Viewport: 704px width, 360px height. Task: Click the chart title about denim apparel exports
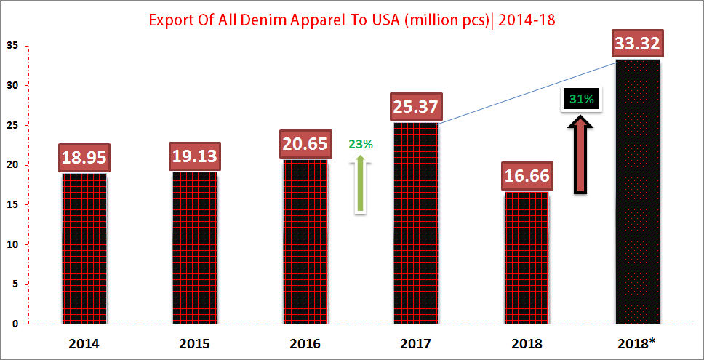tap(352, 20)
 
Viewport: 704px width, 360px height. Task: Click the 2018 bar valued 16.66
tap(526, 257)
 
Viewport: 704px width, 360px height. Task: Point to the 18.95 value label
tap(84, 157)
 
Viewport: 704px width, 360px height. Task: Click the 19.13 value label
tap(194, 156)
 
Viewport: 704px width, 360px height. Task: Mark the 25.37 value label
tap(415, 106)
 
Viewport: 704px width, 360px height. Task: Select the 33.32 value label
tap(637, 44)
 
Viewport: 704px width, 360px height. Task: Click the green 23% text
tap(361, 144)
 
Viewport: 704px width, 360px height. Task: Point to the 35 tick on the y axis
tap(15, 46)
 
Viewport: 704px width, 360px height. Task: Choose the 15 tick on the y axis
tap(15, 204)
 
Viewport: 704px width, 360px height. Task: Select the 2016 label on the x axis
tap(305, 343)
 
